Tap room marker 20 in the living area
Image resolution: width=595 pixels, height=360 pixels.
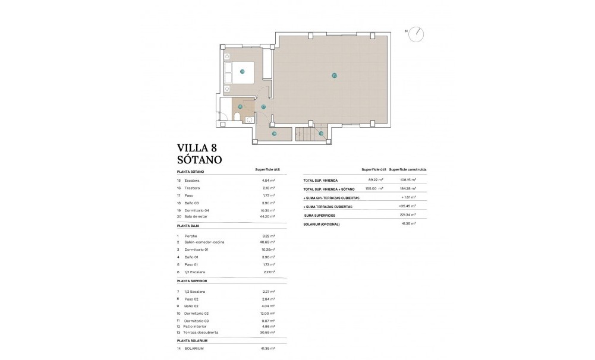point(334,75)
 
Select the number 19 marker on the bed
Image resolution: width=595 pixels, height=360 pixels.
point(242,71)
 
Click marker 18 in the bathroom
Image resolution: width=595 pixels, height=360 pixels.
point(240,107)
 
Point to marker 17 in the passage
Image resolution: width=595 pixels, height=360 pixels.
point(263,107)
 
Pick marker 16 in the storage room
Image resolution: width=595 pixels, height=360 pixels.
point(274,134)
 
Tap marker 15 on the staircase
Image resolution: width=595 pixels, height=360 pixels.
point(320,134)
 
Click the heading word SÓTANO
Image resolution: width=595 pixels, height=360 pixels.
point(200,159)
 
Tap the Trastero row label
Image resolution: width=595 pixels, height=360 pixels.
point(192,188)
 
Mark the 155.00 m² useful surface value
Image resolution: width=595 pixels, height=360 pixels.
point(374,188)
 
